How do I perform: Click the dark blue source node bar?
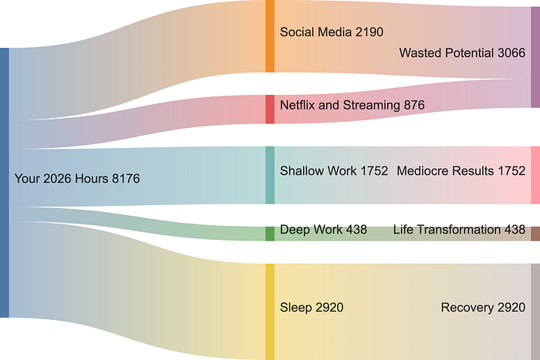click(x=5, y=183)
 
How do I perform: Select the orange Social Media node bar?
click(x=270, y=36)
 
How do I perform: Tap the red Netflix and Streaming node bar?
click(x=270, y=109)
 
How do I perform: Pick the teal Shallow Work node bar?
click(x=270, y=175)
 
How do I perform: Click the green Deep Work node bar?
click(x=270, y=233)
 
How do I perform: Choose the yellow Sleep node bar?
click(x=270, y=311)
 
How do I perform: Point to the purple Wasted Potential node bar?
click(x=535, y=57)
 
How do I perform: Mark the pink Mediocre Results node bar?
click(x=535, y=175)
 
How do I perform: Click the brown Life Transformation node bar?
click(x=535, y=233)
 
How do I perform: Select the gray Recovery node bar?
click(x=535, y=311)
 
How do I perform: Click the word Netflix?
click(x=298, y=105)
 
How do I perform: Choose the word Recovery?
click(x=466, y=308)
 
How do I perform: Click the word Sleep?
click(x=295, y=308)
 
